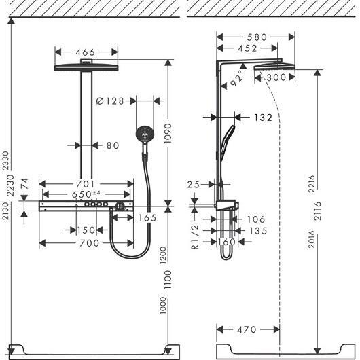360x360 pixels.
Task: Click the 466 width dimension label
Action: [85, 52]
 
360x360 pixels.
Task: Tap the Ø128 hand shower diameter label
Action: [110, 101]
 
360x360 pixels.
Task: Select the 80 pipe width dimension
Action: [113, 145]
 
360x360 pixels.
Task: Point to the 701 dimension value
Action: [85, 184]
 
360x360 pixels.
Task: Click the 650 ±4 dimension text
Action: [86, 194]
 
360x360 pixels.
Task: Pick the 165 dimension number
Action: [147, 218]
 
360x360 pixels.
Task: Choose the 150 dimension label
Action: [86, 230]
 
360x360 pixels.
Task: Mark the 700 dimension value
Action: [89, 243]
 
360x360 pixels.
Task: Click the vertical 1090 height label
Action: [168, 134]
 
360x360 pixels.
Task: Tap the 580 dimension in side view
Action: [257, 37]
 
